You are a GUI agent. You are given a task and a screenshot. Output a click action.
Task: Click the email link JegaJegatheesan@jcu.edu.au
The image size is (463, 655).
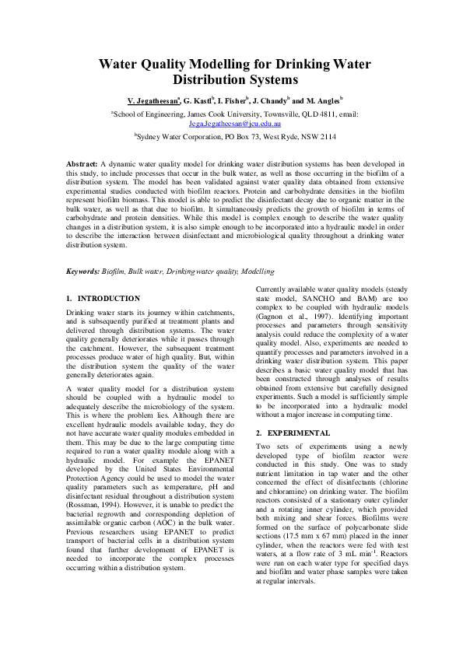(x=234, y=123)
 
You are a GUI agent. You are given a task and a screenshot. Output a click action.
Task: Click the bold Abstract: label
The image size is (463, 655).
(x=82, y=166)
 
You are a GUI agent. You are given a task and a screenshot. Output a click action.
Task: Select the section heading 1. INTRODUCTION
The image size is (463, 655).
(x=103, y=299)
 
